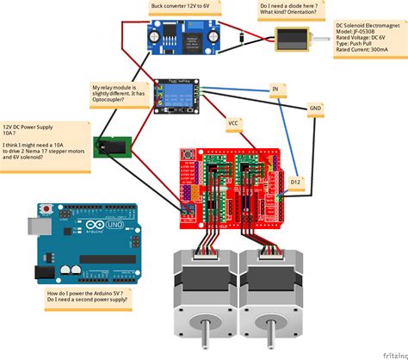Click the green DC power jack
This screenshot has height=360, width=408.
[x=111, y=147]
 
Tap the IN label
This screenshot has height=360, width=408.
[x=275, y=90]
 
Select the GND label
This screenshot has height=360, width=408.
[x=315, y=109]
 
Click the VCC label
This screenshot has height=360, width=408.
[x=232, y=123]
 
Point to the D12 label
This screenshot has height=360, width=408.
[x=295, y=183]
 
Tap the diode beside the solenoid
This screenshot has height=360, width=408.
[x=244, y=36]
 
